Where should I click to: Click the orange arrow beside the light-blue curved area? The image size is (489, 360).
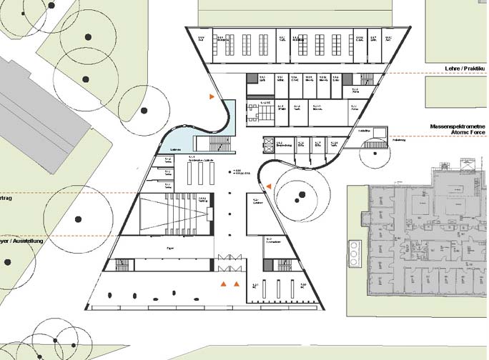[212, 96]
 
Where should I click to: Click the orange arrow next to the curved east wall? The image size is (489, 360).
[268, 186]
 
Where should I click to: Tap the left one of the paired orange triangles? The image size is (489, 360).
[224, 284]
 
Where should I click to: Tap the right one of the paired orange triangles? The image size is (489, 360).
[236, 284]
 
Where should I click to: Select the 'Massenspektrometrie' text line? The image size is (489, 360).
[458, 126]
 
